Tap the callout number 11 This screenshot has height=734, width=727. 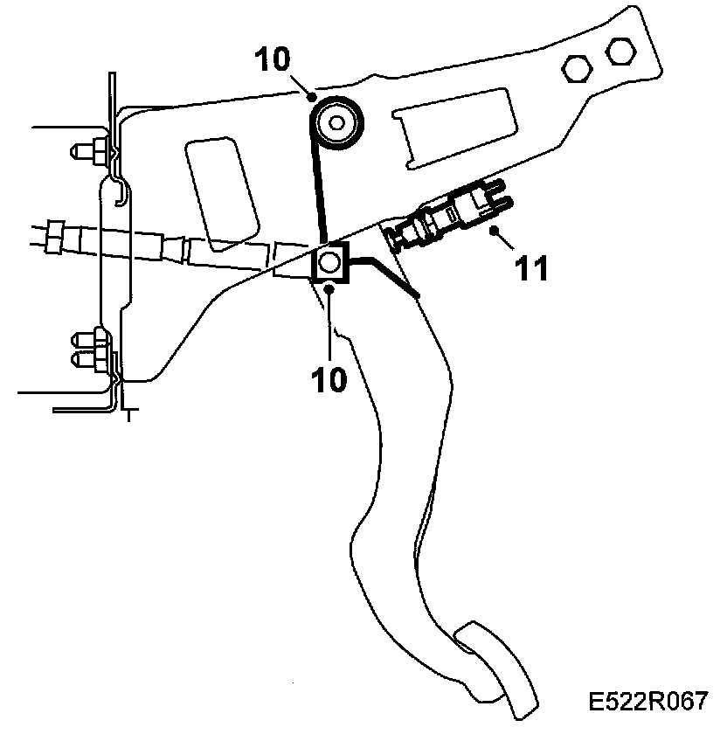531,268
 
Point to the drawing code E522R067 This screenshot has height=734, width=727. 647,703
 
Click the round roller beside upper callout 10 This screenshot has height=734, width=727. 336,122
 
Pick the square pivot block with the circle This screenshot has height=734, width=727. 330,262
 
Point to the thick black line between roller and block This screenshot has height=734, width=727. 317,175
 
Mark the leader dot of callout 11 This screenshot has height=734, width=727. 495,231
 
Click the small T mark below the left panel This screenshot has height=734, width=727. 128,413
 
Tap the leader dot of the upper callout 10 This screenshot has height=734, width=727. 312,98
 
